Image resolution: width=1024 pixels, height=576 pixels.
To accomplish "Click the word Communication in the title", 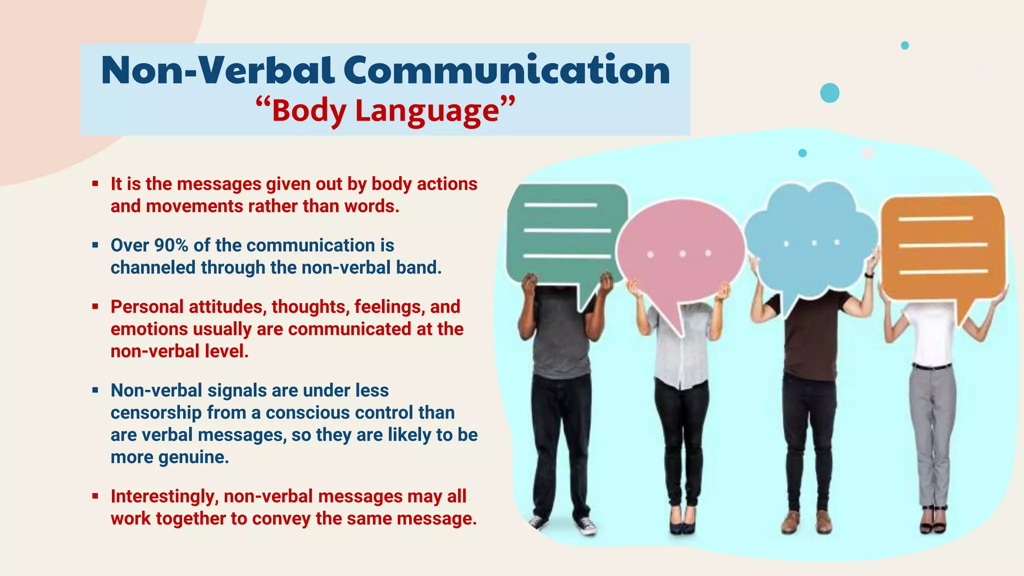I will click(x=506, y=70).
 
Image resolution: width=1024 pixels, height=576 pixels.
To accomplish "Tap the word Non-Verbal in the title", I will click(x=217, y=70).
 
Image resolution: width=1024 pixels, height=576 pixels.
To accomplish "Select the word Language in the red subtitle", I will click(x=427, y=110).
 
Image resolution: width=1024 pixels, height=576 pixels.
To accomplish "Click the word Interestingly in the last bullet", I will click(x=164, y=496).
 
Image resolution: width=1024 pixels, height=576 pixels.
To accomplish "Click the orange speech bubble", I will click(x=942, y=245).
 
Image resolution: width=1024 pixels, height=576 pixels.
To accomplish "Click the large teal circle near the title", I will click(x=829, y=93).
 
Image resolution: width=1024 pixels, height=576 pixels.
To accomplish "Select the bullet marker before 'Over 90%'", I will click(x=95, y=245).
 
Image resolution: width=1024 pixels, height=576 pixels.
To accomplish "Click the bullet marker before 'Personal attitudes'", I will click(x=95, y=307).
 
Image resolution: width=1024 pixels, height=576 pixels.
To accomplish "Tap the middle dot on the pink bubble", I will click(x=682, y=254).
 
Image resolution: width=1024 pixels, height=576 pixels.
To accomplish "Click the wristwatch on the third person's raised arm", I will click(x=868, y=274).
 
